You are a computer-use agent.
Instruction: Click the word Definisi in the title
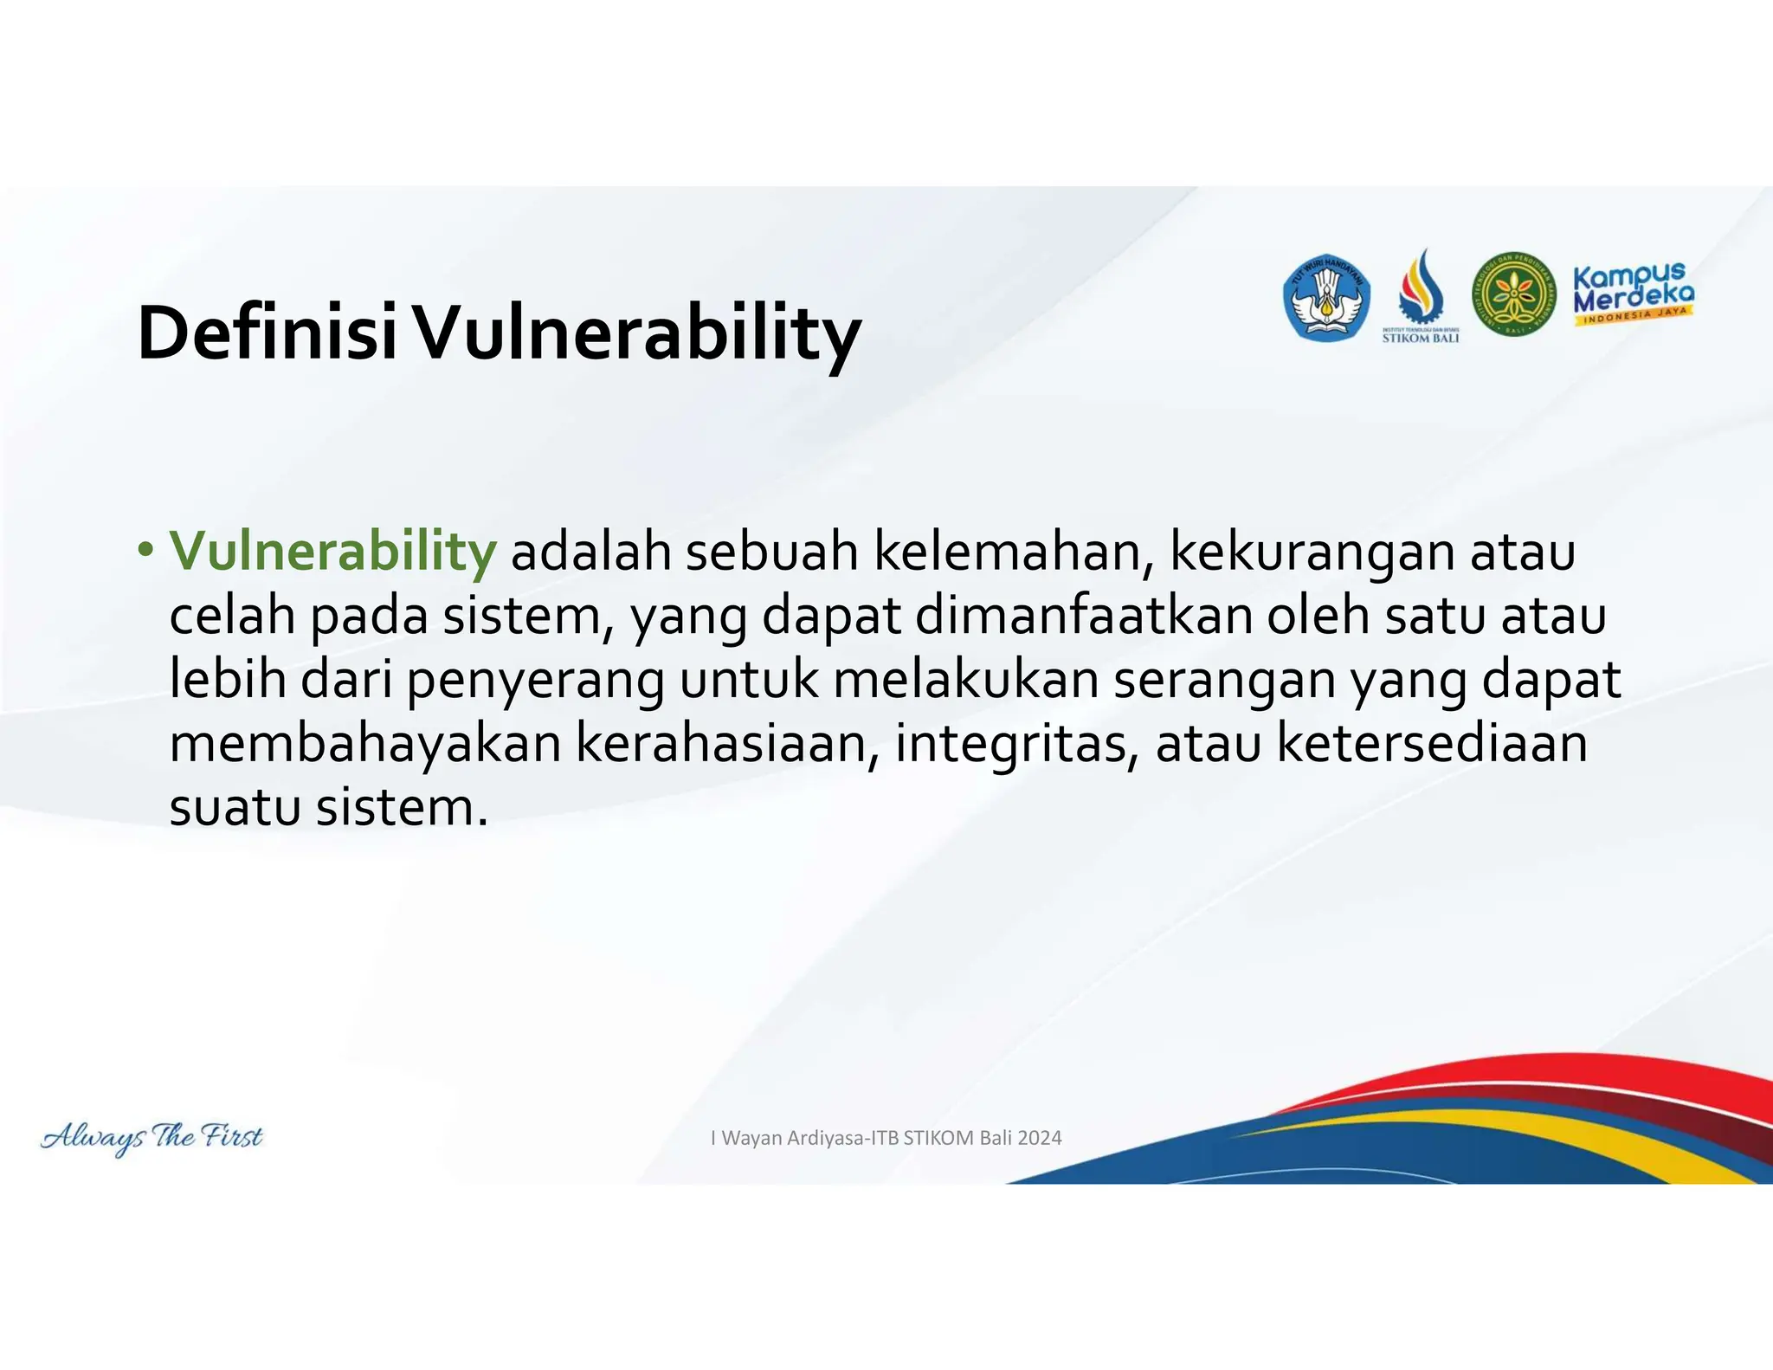pos(267,333)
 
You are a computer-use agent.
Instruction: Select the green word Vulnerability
pos(332,551)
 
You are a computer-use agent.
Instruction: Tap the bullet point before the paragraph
pos(145,551)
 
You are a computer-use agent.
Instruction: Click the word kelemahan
pos(1013,551)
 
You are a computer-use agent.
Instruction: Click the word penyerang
pos(535,681)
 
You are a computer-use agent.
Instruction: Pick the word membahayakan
pos(365,743)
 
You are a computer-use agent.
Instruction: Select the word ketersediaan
pos(1432,743)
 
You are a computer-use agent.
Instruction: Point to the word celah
pos(232,616)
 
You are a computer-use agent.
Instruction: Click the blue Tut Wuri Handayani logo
pos(1325,298)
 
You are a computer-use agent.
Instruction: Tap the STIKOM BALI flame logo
pos(1421,294)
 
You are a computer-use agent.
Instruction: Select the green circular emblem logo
pos(1514,295)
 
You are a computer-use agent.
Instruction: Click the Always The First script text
pos(152,1137)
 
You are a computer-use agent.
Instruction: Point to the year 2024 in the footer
pos(1039,1138)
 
